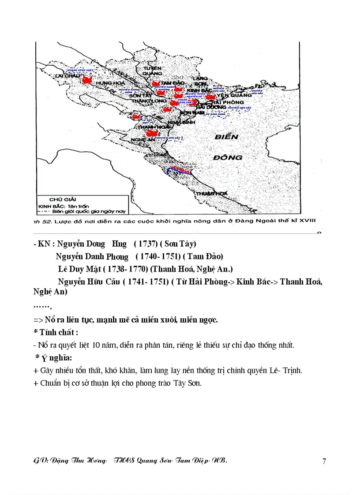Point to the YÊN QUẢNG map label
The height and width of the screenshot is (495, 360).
click(234, 95)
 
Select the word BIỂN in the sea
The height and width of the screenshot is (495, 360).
click(226, 137)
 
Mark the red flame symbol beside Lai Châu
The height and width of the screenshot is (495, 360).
click(86, 80)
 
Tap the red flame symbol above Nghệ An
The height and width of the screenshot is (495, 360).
click(152, 133)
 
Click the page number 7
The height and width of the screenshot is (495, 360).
click(324, 461)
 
